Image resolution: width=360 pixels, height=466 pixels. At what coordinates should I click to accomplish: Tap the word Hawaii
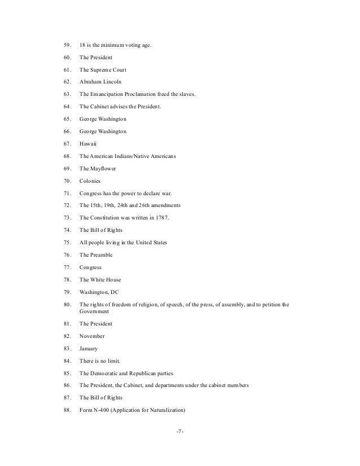point(88,143)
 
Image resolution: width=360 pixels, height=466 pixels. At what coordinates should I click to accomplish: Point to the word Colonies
point(90,181)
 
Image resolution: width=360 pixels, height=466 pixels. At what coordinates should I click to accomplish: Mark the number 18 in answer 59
point(82,45)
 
